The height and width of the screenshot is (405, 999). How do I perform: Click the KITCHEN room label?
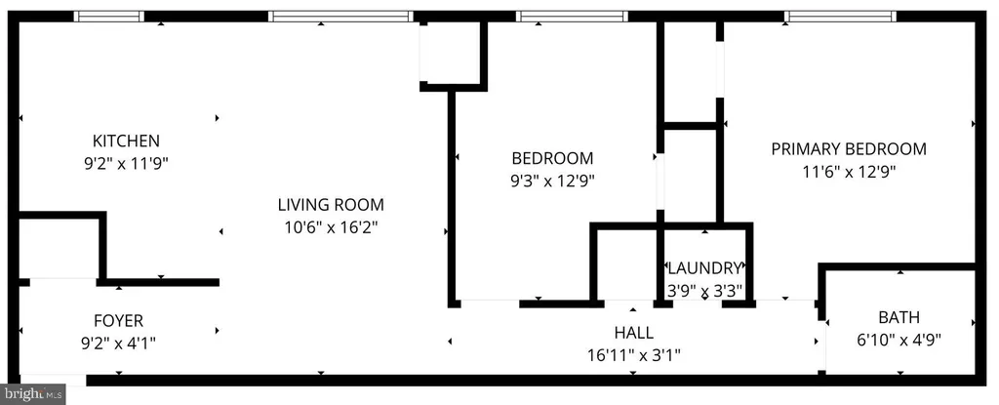pos(126,141)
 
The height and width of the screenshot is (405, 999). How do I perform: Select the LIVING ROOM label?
pos(331,205)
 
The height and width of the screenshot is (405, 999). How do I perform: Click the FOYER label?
pos(118,321)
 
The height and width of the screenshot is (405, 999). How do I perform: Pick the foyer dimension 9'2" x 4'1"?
pos(118,343)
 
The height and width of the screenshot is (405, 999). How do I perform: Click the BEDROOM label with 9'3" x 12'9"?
pos(552,158)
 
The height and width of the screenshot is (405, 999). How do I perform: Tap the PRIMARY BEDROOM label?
pos(848,149)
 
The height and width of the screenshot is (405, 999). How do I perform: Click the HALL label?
pos(633,333)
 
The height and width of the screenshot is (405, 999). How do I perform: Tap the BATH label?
pos(899,317)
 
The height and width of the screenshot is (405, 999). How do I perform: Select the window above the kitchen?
pos(109,16)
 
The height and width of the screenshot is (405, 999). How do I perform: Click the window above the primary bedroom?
pos(840,16)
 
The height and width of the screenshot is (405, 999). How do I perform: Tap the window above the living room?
pos(340,16)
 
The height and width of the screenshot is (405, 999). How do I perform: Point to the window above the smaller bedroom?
pos(572,16)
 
